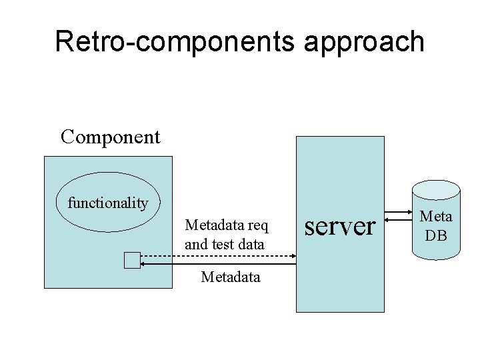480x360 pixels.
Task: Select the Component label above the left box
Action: coord(110,137)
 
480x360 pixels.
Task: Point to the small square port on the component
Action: coord(132,261)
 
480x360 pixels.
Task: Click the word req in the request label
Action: coord(257,225)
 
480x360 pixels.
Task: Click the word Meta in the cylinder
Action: coord(436,216)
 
